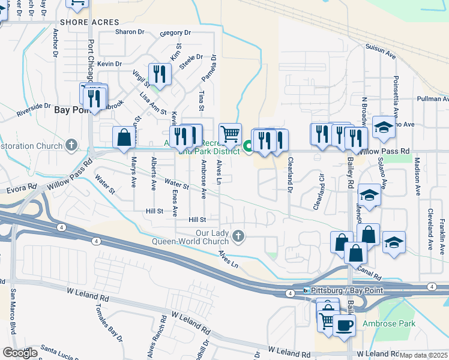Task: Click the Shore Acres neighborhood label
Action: [77, 22]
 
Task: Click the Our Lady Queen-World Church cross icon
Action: [239, 236]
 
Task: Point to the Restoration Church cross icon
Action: [71, 145]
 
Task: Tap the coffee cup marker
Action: [344, 325]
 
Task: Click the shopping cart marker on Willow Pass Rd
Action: [231, 134]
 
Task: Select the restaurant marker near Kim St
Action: [160, 74]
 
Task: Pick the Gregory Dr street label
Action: [175, 32]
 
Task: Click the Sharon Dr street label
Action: [130, 32]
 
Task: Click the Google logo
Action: [19, 352]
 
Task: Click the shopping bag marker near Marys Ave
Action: [123, 137]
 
